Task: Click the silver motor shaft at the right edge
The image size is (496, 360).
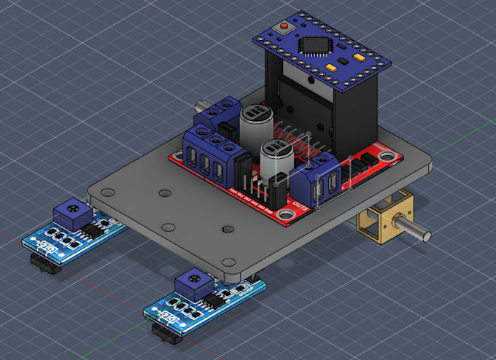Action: (420, 233)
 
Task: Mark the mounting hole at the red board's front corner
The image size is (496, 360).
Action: (283, 213)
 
